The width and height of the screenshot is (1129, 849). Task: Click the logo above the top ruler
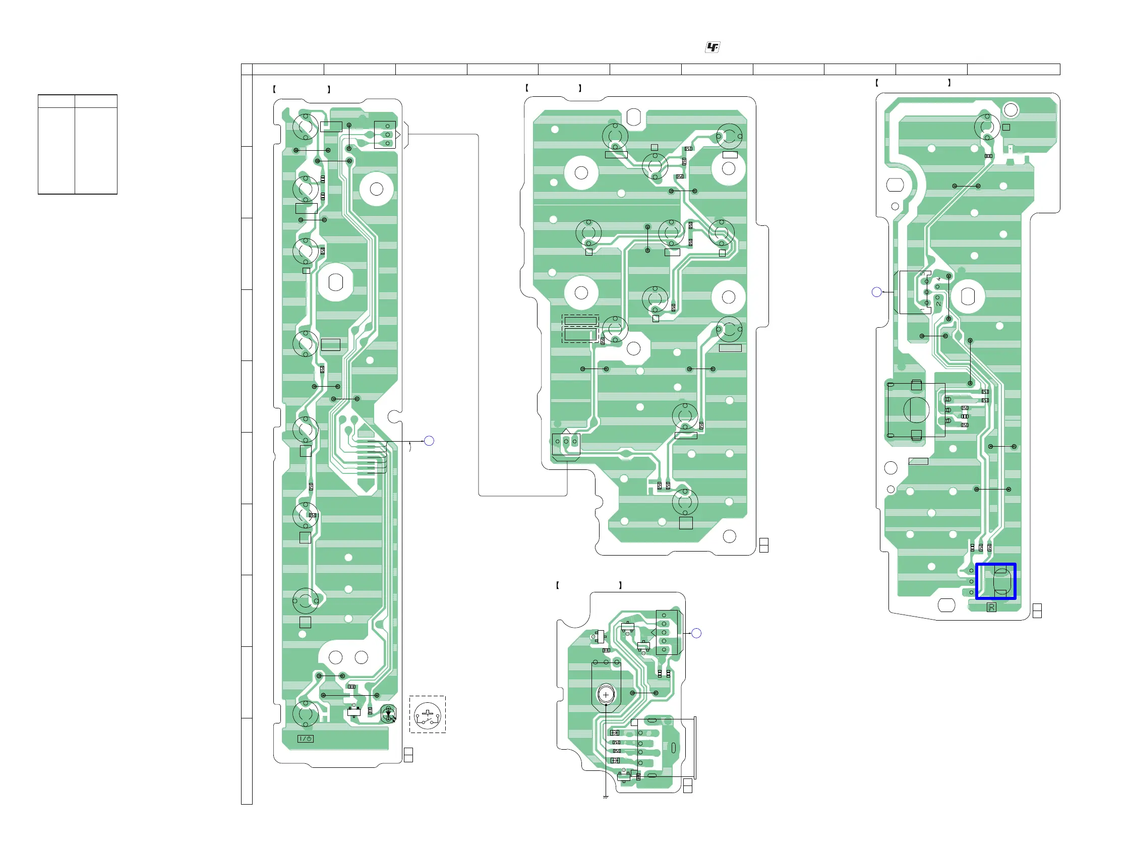click(x=712, y=47)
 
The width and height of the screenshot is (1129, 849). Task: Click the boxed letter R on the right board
click(x=991, y=607)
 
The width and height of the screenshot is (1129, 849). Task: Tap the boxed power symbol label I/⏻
click(x=306, y=739)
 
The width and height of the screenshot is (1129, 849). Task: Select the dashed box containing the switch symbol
click(x=427, y=714)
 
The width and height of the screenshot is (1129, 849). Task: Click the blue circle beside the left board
click(x=429, y=441)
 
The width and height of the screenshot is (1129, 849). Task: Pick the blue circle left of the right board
click(x=876, y=292)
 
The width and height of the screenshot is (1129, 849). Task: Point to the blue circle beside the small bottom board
click(x=696, y=633)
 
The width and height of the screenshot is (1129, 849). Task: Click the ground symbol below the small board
click(x=605, y=797)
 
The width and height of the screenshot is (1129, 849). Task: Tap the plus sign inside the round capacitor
click(x=606, y=695)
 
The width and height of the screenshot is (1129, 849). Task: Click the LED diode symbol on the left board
click(x=388, y=714)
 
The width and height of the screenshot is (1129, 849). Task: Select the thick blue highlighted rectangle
click(x=996, y=581)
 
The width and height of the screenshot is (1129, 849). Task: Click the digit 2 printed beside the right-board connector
click(x=938, y=304)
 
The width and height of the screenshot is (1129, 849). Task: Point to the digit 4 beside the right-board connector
click(x=938, y=279)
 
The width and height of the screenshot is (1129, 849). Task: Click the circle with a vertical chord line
click(x=916, y=410)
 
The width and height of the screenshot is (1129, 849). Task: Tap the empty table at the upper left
click(x=78, y=144)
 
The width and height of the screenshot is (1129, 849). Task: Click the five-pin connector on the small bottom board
click(x=667, y=633)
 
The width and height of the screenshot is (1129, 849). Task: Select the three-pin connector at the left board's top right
click(x=385, y=135)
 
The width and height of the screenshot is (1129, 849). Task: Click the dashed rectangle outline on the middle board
click(x=580, y=329)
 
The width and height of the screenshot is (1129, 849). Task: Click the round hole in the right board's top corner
click(x=1011, y=110)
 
